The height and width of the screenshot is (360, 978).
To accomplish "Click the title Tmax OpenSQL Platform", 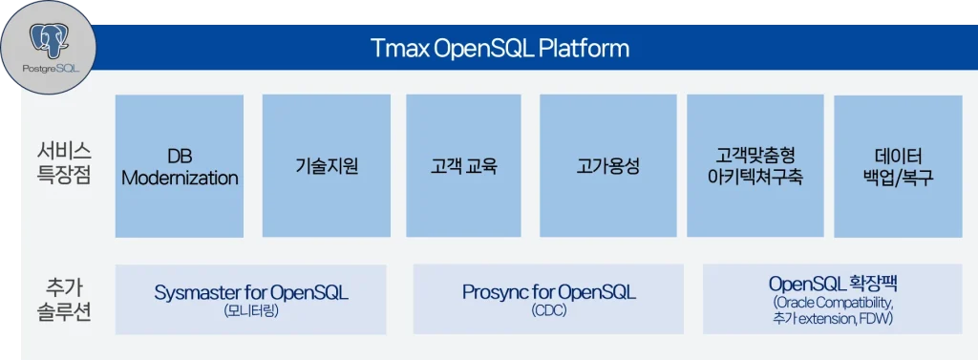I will pos(500,47).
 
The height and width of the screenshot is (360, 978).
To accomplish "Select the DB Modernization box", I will pos(180,166).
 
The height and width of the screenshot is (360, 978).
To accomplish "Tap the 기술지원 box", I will pos(327,166).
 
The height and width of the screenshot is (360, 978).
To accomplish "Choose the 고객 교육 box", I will pos(463,166).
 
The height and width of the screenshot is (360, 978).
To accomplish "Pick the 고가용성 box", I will pos(607,166).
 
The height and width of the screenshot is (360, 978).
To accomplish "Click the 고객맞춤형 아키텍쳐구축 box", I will pos(755,166).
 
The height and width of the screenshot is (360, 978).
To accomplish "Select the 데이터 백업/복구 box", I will pos(897,166).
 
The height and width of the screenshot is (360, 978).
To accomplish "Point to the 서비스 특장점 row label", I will pos(64,163).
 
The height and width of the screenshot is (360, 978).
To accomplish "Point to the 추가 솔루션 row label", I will pos(64,299).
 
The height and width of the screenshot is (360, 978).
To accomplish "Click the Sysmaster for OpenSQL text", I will pos(251,292).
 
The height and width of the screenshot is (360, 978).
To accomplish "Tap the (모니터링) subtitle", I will pos(251,311).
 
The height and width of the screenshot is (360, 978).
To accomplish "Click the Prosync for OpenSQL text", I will pos(548,292).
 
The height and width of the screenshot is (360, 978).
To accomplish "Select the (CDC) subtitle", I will pos(548,311).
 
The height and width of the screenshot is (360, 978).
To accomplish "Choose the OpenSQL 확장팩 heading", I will pos(832,284).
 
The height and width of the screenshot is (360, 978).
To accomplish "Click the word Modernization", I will pos(180,178).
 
